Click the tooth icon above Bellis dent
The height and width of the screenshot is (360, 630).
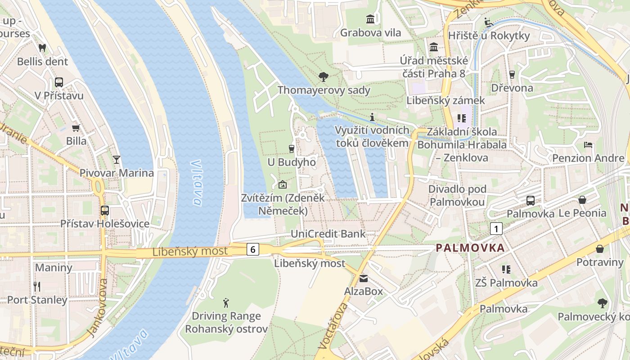click(43, 47)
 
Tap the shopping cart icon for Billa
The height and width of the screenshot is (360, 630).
click(76, 128)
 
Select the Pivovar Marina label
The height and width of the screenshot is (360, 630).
click(117, 173)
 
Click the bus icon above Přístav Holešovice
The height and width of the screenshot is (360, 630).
click(105, 210)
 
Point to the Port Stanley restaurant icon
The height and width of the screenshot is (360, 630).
click(37, 286)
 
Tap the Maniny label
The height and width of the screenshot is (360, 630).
click(54, 267)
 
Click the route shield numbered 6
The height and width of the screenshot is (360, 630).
click(253, 249)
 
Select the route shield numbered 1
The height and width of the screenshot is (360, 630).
click(496, 229)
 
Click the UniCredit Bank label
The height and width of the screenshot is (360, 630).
click(328, 234)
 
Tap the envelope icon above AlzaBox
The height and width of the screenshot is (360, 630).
click(363, 279)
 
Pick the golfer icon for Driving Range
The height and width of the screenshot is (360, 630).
click(226, 303)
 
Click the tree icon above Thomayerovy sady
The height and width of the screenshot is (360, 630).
click(323, 77)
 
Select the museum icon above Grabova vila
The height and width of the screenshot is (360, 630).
click(370, 19)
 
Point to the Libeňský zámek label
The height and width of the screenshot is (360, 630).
click(445, 100)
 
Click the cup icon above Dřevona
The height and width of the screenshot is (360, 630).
click(512, 75)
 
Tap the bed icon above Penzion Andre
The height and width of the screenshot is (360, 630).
click(588, 145)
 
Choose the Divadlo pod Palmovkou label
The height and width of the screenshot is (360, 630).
click(457, 195)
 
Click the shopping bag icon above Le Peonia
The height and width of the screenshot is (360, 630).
click(582, 199)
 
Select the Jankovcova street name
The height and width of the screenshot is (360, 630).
click(98, 307)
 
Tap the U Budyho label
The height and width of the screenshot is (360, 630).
click(292, 162)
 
